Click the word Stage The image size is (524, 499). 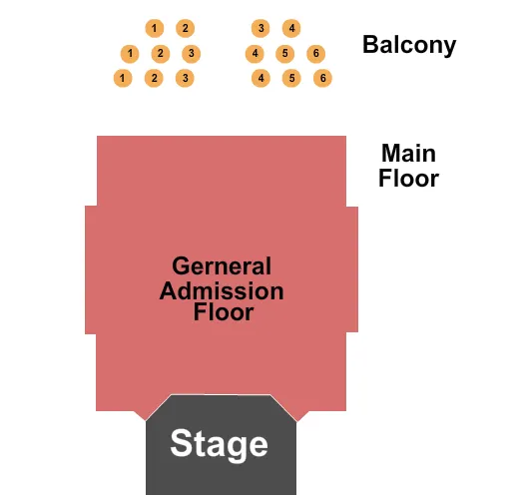tap(219, 444)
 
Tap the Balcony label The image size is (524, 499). tap(409, 45)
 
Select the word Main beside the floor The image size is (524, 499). tap(408, 154)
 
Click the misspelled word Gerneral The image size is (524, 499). tap(222, 266)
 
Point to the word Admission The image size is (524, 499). tap(222, 291)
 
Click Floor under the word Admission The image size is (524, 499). tap(223, 312)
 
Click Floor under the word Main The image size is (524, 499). tap(408, 180)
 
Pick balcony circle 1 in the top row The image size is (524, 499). tap(154, 28)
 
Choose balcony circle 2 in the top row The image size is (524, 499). tap(185, 28)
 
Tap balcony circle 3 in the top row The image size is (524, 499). tap(261, 28)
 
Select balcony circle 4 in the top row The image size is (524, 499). tap(291, 28)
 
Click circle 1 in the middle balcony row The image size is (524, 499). tap(130, 53)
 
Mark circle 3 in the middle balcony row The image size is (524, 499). tap(191, 53)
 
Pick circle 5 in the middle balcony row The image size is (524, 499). tap(285, 53)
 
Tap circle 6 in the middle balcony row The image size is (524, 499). tap(315, 53)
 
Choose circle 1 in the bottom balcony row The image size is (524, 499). tap(123, 78)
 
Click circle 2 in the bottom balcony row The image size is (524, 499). tap(154, 78)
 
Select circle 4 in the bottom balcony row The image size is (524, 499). tap(261, 78)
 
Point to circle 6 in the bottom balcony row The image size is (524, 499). tap(322, 78)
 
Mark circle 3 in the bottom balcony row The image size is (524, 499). tap(184, 78)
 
